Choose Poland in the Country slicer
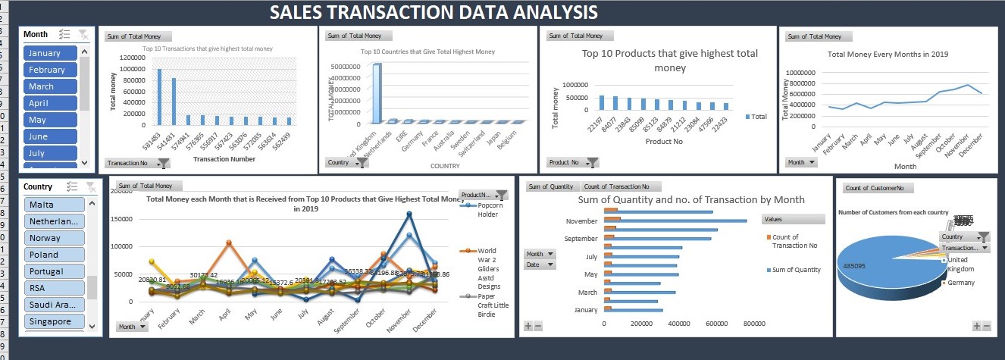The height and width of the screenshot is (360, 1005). coord(54,255)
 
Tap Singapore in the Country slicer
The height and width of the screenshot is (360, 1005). coord(54,321)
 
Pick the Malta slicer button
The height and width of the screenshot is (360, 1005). coord(54,205)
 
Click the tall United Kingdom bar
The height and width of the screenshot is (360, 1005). coord(377,92)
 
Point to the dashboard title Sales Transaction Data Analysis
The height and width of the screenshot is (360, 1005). coord(434,12)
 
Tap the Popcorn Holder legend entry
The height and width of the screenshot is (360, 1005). coord(488,209)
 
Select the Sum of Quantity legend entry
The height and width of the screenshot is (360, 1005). coord(797,270)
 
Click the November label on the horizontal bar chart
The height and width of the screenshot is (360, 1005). coord(581,221)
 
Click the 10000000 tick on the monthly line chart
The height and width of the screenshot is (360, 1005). coord(801,72)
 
